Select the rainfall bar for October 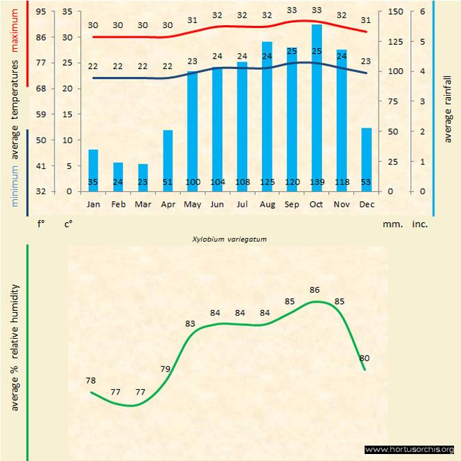[316, 105]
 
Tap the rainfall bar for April [168, 159]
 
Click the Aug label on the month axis [267, 205]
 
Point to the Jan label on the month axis [93, 205]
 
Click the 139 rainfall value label [316, 182]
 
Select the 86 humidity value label [314, 289]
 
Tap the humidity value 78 [91, 381]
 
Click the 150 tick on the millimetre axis [395, 12]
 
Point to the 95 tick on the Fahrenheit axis [41, 12]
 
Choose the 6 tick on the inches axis [422, 12]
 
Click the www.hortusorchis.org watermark [409, 449]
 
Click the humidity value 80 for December [364, 358]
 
